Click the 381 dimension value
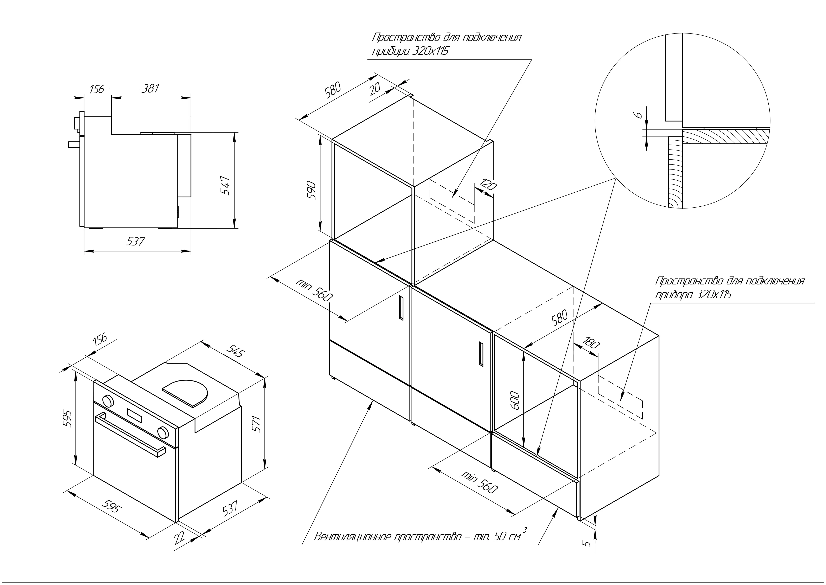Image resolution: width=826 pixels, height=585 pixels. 150,89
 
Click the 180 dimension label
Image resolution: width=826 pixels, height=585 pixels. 591,343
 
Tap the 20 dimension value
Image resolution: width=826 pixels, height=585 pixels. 375,88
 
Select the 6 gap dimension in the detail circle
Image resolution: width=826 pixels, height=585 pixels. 639,115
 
